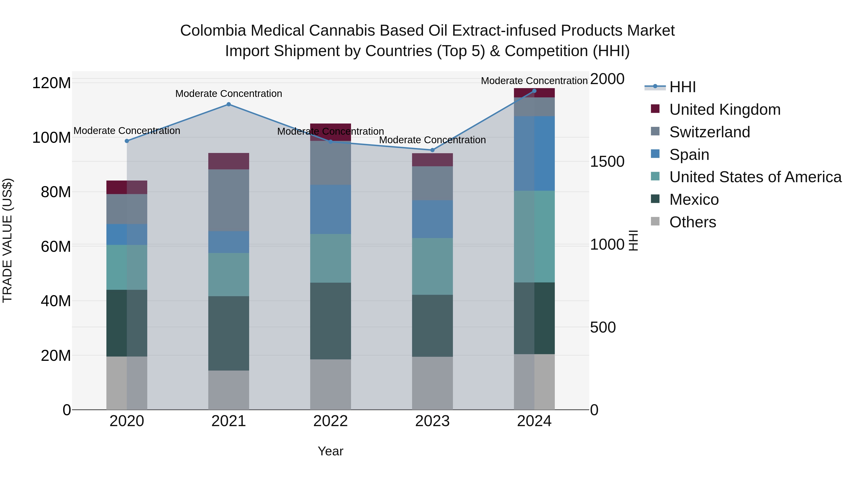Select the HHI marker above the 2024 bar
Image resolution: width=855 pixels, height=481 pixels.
click(x=534, y=91)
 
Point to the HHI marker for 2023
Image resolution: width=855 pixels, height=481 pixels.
click(x=432, y=150)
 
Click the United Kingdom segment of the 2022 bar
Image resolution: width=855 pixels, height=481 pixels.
click(x=330, y=132)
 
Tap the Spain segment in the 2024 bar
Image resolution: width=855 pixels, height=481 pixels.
click(x=534, y=153)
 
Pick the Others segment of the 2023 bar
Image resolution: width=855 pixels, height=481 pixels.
click(x=432, y=383)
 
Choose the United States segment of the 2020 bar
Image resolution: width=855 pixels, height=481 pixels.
click(x=126, y=267)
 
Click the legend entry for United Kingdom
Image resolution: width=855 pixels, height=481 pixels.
click(x=725, y=110)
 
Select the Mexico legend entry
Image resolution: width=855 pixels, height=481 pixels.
click(x=694, y=200)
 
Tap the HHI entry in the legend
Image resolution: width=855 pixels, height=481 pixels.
click(x=682, y=87)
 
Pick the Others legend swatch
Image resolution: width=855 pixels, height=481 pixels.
click(x=655, y=221)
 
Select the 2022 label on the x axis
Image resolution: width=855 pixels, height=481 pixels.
click(x=330, y=421)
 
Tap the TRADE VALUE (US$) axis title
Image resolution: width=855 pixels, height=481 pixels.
click(x=7, y=240)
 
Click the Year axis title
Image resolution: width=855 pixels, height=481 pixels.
click(x=330, y=451)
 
